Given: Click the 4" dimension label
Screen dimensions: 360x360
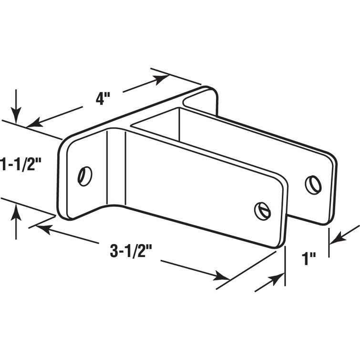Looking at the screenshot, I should pyautogui.click(x=103, y=99).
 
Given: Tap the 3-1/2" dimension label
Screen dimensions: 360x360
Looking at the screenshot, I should pyautogui.click(x=128, y=251).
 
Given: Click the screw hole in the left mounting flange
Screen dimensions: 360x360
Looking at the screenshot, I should pyautogui.click(x=85, y=176).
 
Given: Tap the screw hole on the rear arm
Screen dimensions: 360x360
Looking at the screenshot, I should pyautogui.click(x=313, y=185).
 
